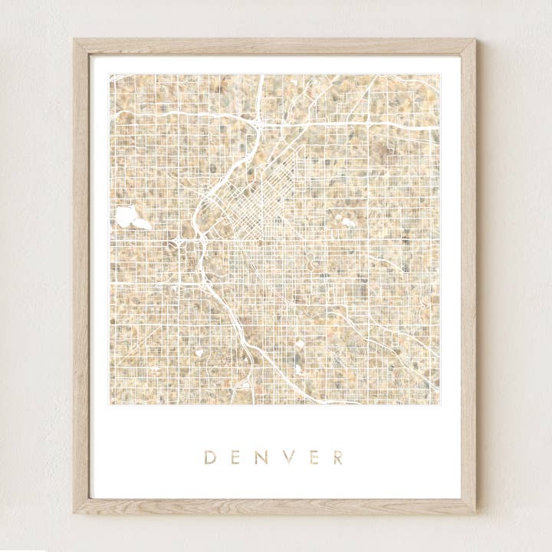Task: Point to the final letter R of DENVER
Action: pos(337,458)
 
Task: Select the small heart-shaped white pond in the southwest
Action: pos(199,353)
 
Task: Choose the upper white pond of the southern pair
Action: pos(300,343)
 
